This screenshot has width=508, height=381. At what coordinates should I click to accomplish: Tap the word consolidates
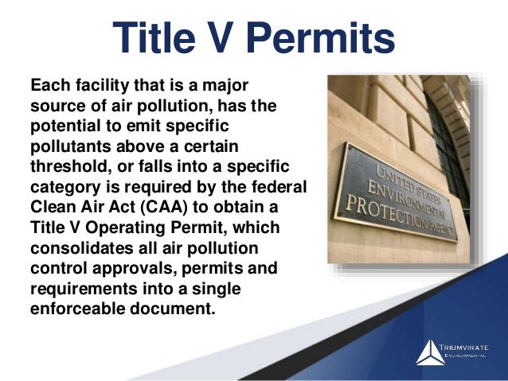[x=74, y=247]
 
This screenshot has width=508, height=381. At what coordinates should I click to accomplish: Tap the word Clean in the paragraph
[x=49, y=206]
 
